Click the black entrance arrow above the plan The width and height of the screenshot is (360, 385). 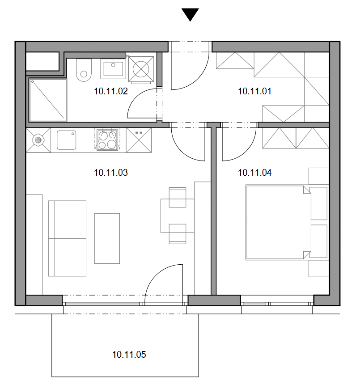[190, 14]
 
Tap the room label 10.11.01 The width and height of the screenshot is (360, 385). [254, 91]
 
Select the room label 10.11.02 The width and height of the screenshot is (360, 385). [111, 91]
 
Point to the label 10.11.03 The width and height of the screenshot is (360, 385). [111, 173]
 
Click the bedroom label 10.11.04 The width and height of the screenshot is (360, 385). [254, 173]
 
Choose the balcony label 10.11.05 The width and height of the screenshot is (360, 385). [129, 355]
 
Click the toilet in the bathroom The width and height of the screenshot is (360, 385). [84, 70]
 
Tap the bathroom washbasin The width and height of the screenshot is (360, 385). [113, 69]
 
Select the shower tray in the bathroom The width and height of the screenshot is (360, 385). [48, 100]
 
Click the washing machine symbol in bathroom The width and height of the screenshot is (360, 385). [141, 69]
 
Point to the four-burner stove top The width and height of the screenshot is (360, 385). [107, 140]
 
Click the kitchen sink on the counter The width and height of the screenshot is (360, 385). [66, 140]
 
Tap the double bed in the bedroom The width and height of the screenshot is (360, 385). [279, 222]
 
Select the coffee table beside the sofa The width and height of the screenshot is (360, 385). [107, 238]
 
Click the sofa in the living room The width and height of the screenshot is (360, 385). [67, 238]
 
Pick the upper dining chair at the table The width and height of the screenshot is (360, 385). [177, 197]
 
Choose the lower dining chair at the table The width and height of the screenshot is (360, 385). [177, 234]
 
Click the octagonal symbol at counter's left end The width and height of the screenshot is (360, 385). [38, 140]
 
